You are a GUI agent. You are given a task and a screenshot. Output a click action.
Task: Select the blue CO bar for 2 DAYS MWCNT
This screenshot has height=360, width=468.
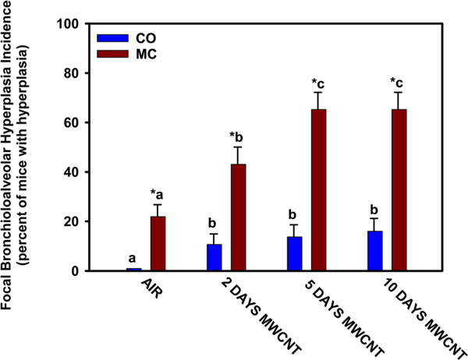(214, 258)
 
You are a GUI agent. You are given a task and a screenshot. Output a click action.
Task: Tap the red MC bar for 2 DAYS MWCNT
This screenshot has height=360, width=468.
(239, 218)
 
